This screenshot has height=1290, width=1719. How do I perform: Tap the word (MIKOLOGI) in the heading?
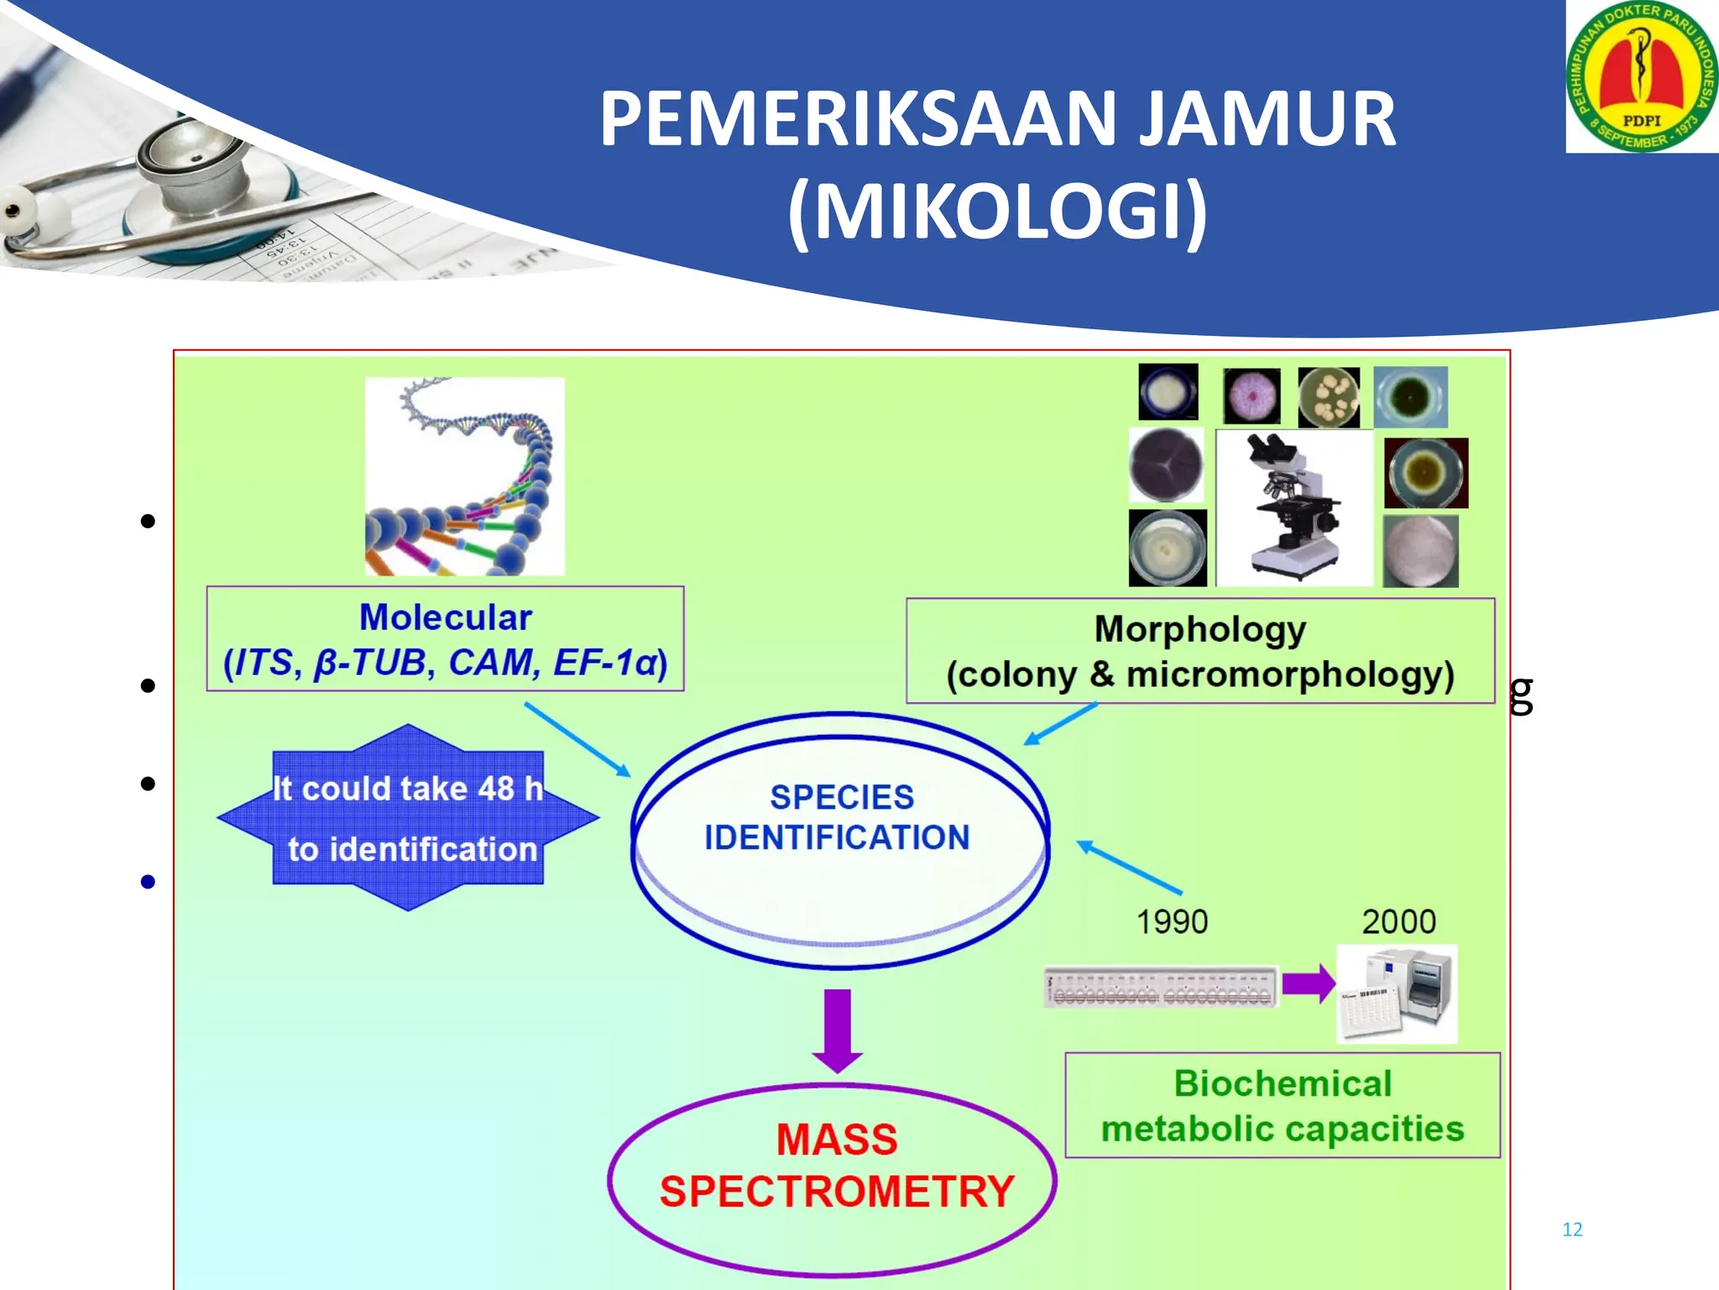click(x=998, y=212)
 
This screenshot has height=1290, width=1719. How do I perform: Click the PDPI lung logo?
click(x=1642, y=76)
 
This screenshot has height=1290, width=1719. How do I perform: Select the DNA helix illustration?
click(x=464, y=476)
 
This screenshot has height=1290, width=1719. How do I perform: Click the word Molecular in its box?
click(x=445, y=617)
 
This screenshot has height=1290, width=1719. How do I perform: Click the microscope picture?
click(x=1293, y=507)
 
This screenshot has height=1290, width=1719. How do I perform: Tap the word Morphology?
click(x=1200, y=629)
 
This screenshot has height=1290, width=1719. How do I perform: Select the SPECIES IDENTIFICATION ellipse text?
click(x=839, y=817)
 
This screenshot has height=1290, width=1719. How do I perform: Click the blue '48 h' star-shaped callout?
click(x=408, y=817)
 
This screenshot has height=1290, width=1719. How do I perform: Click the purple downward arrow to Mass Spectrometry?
click(x=837, y=1029)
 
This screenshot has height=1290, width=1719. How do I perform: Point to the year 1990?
click(x=1172, y=922)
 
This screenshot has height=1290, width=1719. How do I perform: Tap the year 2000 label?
click(x=1398, y=922)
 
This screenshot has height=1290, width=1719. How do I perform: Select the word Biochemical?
click(x=1283, y=1083)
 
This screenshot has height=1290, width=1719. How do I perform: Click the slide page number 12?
click(x=1572, y=1230)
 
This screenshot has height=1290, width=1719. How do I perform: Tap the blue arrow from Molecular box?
click(x=577, y=739)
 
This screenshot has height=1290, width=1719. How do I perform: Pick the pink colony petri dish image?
click(x=1251, y=396)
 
